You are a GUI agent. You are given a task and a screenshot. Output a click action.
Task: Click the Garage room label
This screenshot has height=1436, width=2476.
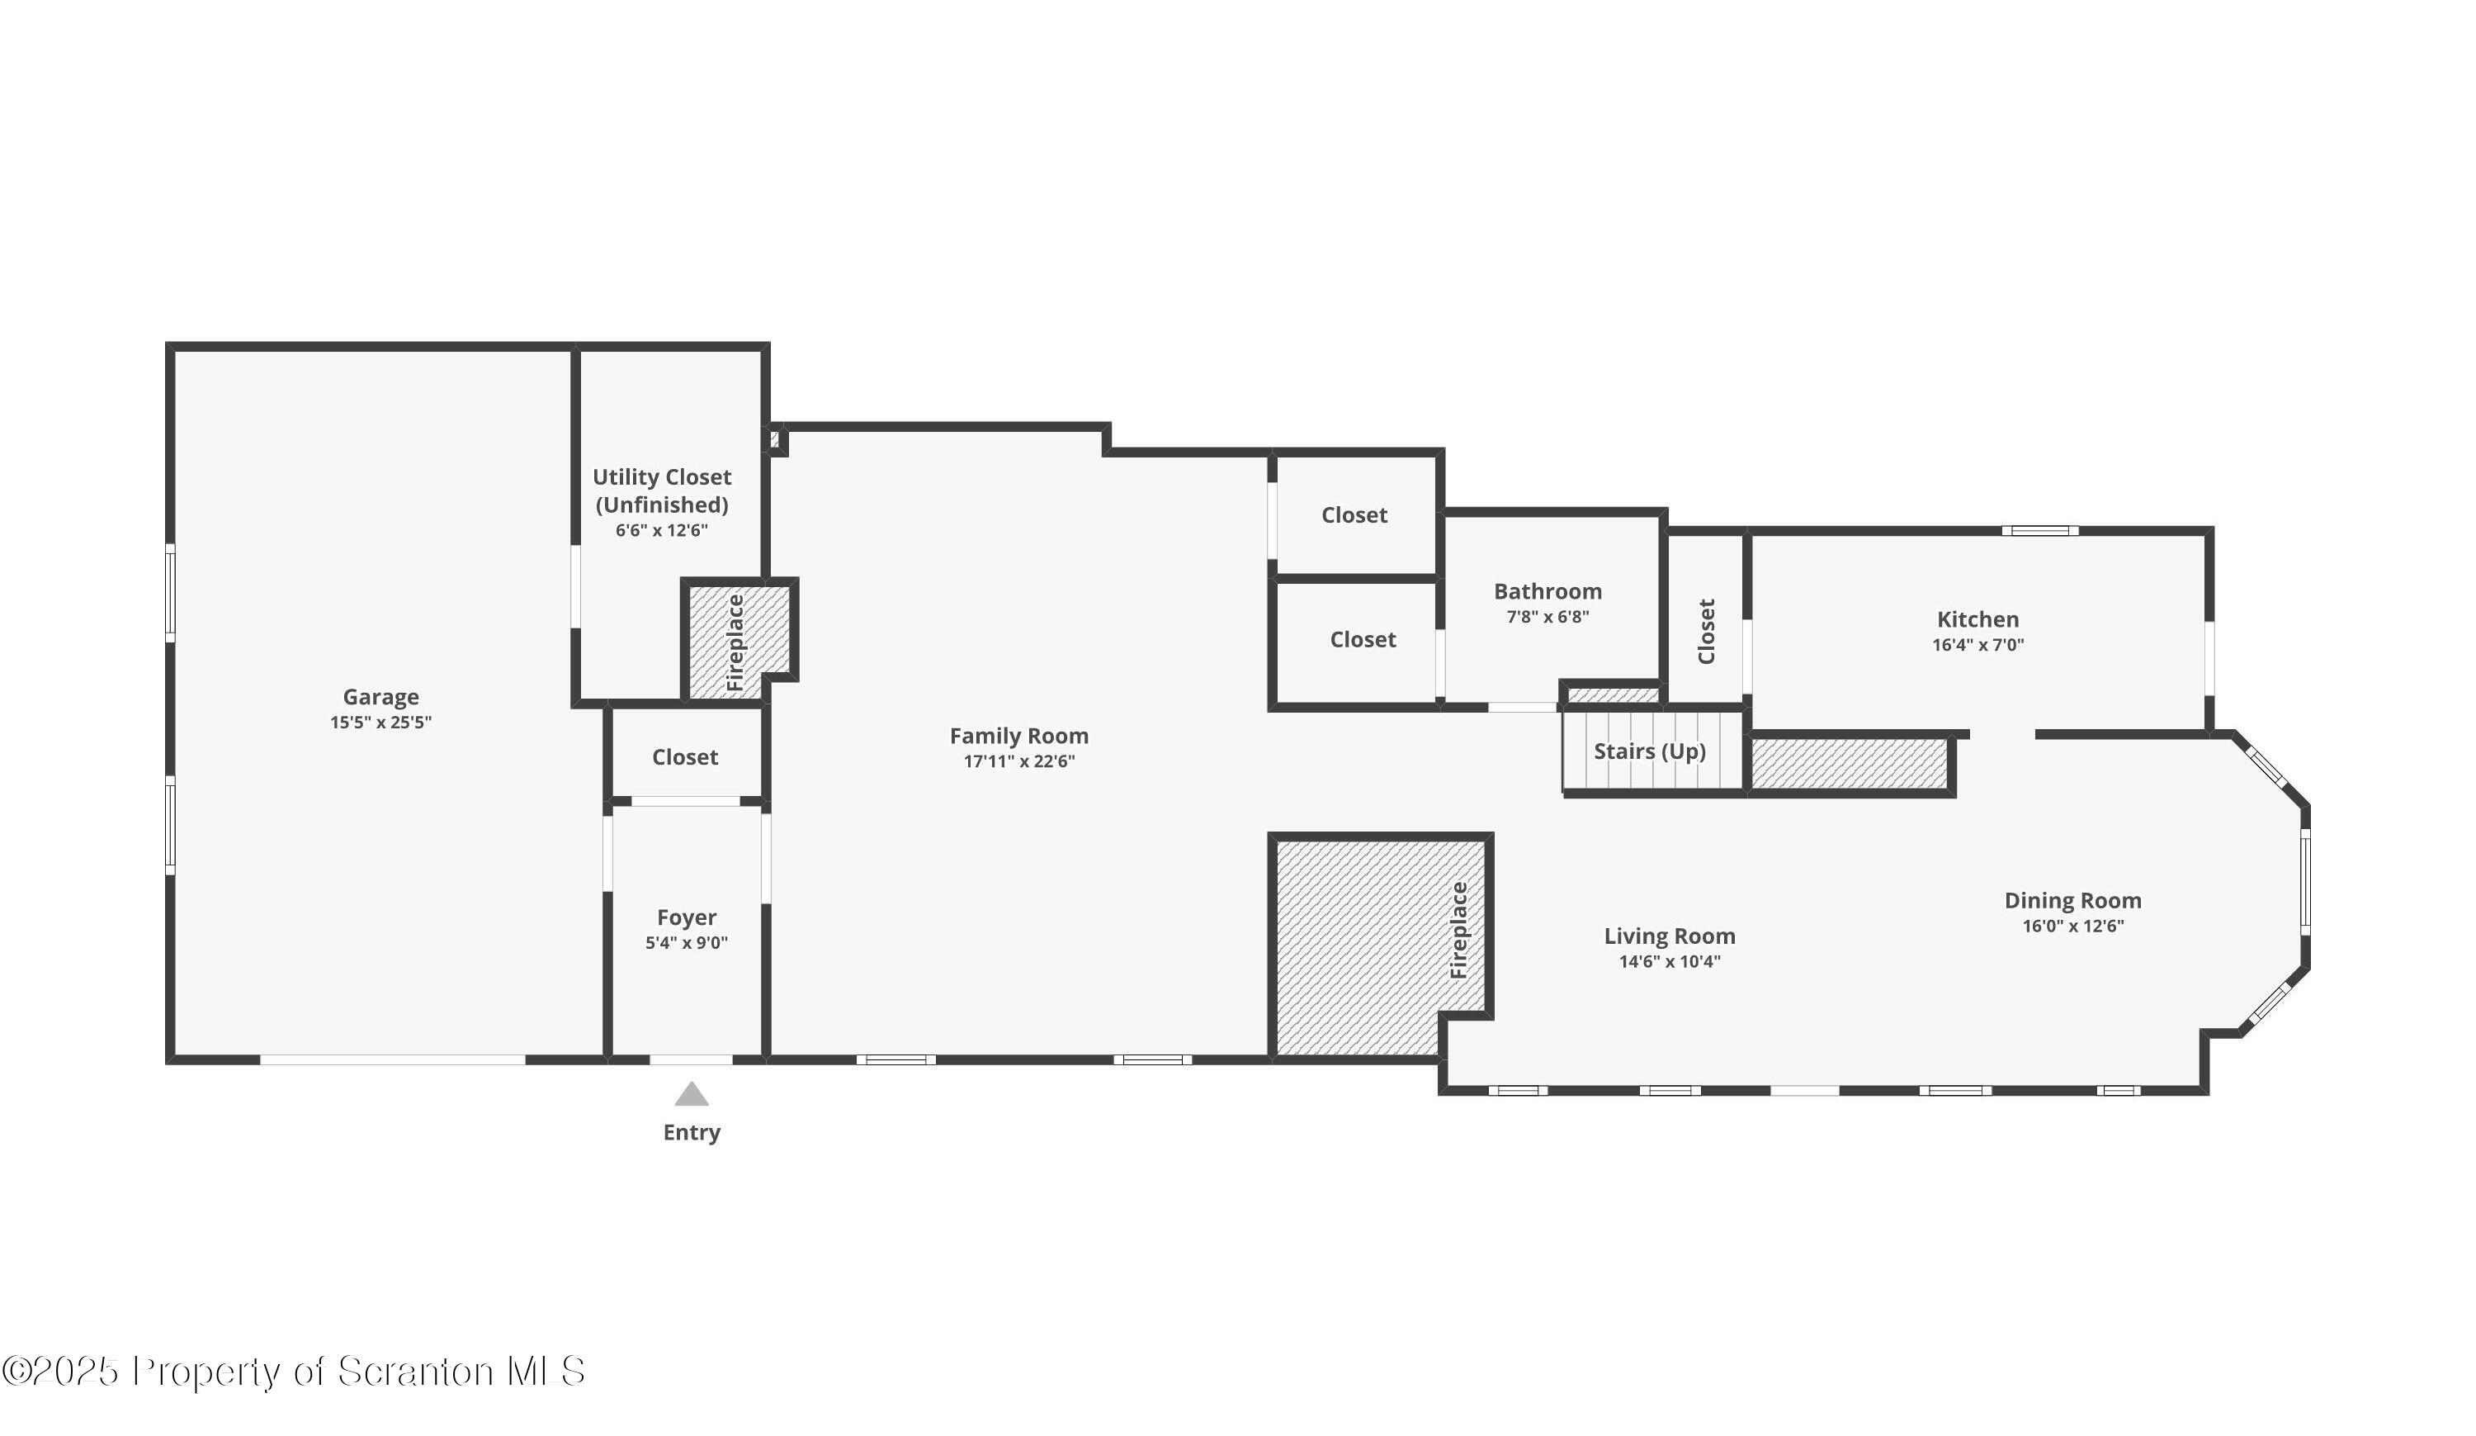380,697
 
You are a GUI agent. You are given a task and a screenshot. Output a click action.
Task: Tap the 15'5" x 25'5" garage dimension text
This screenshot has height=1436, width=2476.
380,723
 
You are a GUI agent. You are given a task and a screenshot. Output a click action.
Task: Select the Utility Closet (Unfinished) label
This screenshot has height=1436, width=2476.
661,491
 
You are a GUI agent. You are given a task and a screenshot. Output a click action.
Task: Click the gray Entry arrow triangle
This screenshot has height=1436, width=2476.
691,1094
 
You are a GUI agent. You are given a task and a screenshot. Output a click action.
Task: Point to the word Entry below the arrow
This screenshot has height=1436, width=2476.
691,1132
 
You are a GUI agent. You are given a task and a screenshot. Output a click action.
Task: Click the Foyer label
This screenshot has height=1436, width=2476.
686,917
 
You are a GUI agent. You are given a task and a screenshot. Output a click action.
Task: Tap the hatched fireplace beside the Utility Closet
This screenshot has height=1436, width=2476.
737,641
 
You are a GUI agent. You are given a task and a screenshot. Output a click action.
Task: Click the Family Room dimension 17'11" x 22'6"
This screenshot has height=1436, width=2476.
1019,761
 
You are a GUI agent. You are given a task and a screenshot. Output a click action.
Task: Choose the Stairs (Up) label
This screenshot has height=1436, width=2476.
1649,751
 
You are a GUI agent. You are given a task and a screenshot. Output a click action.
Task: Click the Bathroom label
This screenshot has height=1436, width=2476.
1547,590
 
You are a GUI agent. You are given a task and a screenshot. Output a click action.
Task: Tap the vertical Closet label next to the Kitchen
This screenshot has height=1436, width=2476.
1707,631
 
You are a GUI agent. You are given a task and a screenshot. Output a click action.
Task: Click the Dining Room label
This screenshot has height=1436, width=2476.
2072,900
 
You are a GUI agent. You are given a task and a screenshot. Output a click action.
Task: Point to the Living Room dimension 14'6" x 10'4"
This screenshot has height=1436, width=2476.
1670,961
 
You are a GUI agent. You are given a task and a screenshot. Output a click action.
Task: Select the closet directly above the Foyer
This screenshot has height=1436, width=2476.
685,757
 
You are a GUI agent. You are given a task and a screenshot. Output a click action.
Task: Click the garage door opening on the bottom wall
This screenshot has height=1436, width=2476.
392,1059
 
